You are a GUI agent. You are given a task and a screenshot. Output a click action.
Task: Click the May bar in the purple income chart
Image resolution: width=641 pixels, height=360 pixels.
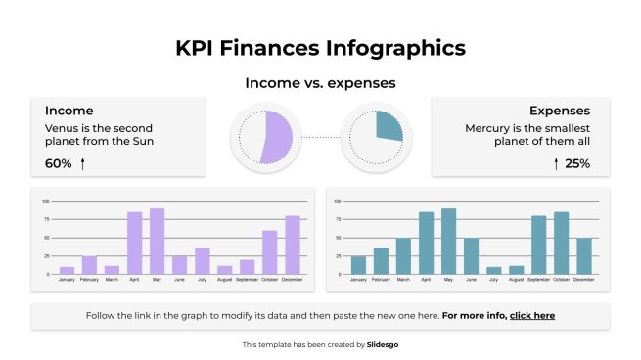click(x=157, y=241)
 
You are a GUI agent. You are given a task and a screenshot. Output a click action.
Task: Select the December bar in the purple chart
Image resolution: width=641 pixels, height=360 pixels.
click(x=293, y=245)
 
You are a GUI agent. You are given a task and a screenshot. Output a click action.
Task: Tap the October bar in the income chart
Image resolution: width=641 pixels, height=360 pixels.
click(x=270, y=251)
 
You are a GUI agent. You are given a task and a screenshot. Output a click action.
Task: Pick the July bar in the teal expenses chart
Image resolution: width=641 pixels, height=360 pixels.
click(x=494, y=270)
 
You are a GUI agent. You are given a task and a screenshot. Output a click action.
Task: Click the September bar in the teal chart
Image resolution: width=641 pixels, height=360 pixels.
click(x=539, y=245)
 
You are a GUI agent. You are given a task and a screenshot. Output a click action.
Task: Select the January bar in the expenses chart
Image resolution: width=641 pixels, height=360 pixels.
click(x=358, y=264)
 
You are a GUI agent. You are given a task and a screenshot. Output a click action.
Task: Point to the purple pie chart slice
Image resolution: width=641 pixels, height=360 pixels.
click(x=276, y=136)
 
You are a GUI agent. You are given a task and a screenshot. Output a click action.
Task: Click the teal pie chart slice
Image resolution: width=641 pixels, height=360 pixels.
click(x=389, y=125)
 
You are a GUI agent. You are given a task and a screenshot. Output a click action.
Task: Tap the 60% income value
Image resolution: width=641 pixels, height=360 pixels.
click(x=59, y=163)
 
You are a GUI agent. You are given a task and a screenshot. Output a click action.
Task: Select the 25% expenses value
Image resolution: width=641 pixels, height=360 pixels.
click(x=577, y=163)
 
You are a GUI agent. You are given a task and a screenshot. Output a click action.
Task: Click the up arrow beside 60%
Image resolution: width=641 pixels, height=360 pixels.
click(x=83, y=163)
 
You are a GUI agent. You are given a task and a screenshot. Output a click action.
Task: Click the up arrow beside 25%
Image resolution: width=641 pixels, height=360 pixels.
click(x=556, y=163)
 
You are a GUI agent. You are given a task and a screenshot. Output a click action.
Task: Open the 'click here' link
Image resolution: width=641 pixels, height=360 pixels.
click(x=532, y=316)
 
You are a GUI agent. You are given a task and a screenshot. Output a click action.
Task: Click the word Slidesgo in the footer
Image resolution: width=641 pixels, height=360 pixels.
click(x=383, y=344)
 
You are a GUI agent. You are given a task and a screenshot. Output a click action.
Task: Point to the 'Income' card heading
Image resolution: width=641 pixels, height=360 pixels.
click(x=69, y=111)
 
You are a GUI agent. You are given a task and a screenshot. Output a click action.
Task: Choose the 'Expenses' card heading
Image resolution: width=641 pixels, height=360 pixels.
click(x=560, y=111)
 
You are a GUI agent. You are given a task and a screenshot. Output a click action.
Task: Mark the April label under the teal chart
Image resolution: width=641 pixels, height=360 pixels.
click(x=426, y=280)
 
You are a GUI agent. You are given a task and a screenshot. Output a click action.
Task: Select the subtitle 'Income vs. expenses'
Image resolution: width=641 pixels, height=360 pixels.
click(x=320, y=83)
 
